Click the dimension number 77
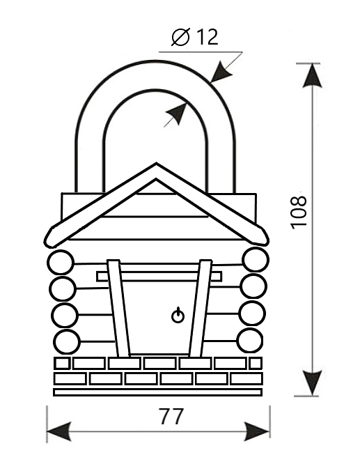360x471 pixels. point(172,417)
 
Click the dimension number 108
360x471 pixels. point(299,212)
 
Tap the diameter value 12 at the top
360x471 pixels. point(208,37)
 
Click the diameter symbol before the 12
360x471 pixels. point(180,37)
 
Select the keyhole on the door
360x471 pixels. point(178,316)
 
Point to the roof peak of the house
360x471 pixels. point(156,164)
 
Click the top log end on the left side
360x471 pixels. point(61,263)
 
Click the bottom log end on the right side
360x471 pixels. point(250,340)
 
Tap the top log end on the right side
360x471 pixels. point(256,259)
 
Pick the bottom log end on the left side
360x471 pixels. point(68,342)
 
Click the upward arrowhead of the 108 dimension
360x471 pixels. point(312,76)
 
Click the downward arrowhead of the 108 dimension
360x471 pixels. point(311,383)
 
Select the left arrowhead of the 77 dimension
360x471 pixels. point(59,432)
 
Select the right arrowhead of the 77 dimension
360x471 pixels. point(257,432)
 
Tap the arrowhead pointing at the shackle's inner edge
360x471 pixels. point(177,114)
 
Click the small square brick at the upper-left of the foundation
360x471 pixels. point(61,364)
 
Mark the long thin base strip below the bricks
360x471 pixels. point(157,392)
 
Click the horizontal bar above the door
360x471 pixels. point(159,277)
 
